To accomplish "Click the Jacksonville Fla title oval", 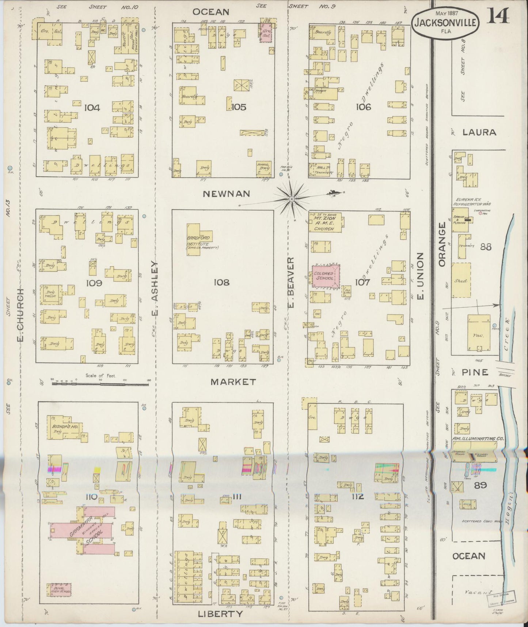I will click(x=445, y=22).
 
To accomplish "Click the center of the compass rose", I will click(x=292, y=199).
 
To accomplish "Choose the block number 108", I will click(x=222, y=282).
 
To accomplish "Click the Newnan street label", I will click(x=221, y=194).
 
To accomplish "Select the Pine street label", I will click(x=475, y=372).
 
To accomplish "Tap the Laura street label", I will click(x=479, y=132).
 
